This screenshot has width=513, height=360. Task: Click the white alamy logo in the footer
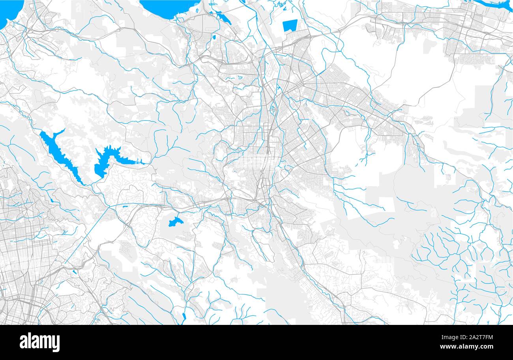pos(39,342)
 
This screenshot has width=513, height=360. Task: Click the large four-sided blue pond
pos(290,25)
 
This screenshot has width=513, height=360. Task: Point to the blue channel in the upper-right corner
pos(495,5)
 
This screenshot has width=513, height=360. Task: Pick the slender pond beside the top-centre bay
pos(223,18)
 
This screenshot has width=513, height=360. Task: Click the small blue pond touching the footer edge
pos(184,316)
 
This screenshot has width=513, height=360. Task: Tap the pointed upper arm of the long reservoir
pos(59,132)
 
